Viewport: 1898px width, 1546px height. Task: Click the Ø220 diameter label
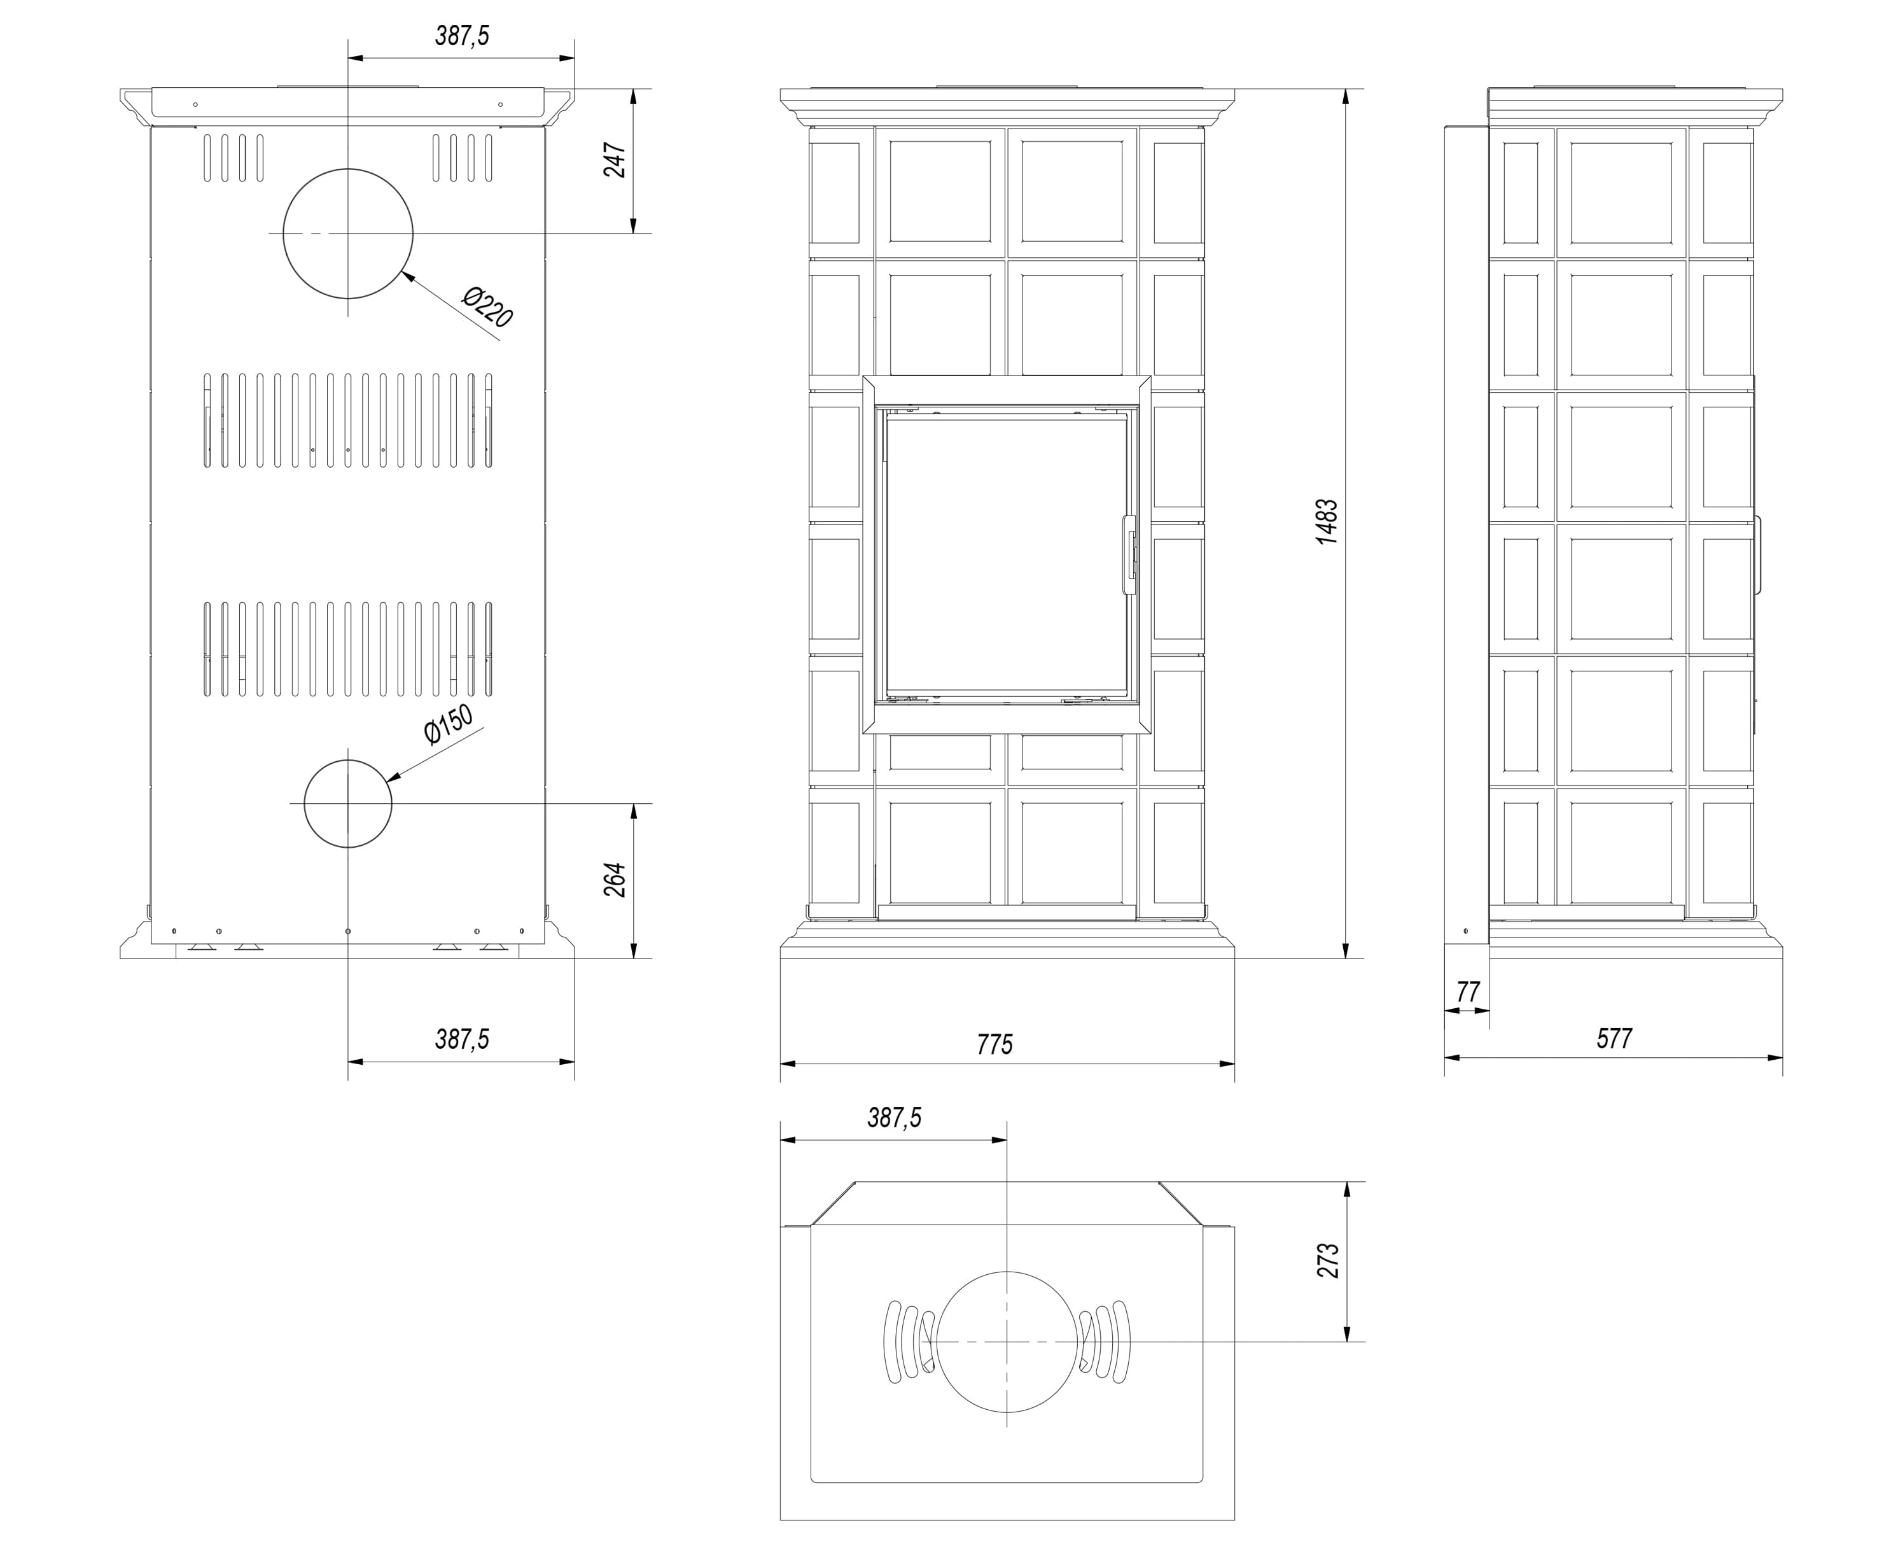click(x=488, y=306)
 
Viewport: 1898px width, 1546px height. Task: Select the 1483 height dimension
click(x=1327, y=522)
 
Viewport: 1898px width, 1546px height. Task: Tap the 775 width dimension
click(x=994, y=1044)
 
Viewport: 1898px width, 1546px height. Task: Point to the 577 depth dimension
click(x=1614, y=1038)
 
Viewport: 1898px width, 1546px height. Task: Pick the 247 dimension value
click(x=615, y=160)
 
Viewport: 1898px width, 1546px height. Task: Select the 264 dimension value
click(x=615, y=880)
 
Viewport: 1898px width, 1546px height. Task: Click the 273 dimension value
click(x=1329, y=1261)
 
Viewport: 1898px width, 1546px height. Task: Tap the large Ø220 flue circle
click(x=348, y=169)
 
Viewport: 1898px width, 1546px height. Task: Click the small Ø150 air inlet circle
click(x=348, y=761)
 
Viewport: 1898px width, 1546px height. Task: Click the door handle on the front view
click(x=1130, y=554)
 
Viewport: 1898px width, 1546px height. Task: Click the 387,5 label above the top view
click(x=894, y=1118)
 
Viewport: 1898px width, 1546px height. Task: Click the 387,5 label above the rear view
click(x=462, y=36)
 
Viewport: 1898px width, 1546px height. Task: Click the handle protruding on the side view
click(x=1759, y=555)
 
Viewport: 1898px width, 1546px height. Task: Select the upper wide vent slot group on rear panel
click(x=348, y=420)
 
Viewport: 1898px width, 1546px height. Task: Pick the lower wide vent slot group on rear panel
click(x=348, y=649)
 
